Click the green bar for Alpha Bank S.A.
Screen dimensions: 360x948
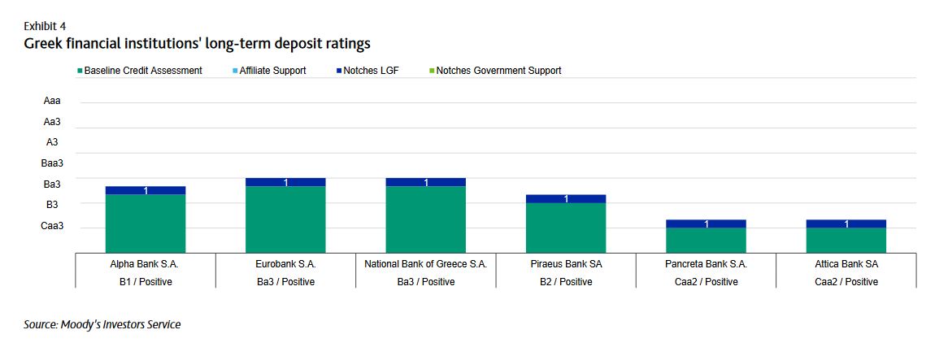pyautogui.click(x=146, y=223)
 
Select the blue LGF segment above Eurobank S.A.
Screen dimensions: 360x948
pyautogui.click(x=285, y=182)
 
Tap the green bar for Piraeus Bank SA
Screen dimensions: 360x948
pyautogui.click(x=566, y=228)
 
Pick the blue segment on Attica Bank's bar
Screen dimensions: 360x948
pyautogui.click(x=846, y=223)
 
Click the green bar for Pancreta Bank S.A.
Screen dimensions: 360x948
pyautogui.click(x=706, y=241)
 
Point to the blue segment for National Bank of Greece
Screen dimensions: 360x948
pyautogui.click(x=425, y=182)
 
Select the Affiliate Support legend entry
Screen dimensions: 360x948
pyautogui.click(x=272, y=71)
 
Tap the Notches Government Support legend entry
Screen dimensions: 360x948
pyautogui.click(x=498, y=71)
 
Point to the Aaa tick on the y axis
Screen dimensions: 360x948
pyautogui.click(x=52, y=102)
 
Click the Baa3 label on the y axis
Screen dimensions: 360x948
pyautogui.click(x=52, y=163)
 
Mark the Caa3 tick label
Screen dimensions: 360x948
pyautogui.click(x=52, y=226)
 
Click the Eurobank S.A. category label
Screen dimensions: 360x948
pyautogui.click(x=285, y=264)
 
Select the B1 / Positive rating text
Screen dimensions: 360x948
pyautogui.click(x=146, y=282)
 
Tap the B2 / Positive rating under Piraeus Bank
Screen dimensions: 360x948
pyautogui.click(x=566, y=282)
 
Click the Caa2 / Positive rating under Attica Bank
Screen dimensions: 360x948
pyautogui.click(x=846, y=282)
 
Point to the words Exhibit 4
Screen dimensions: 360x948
pyautogui.click(x=45, y=26)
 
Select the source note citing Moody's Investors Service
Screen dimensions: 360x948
pyautogui.click(x=102, y=325)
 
